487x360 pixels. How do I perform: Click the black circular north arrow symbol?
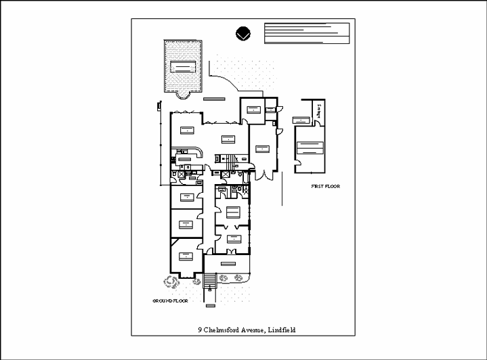pyautogui.click(x=243, y=33)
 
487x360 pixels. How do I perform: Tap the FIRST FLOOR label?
pyautogui.click(x=325, y=185)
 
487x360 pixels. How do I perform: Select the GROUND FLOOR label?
pyautogui.click(x=169, y=299)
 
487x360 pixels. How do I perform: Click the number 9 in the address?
pyautogui.click(x=200, y=330)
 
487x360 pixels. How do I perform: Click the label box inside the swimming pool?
pyautogui.click(x=184, y=66)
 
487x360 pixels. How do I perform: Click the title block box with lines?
pyautogui.click(x=306, y=32)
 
